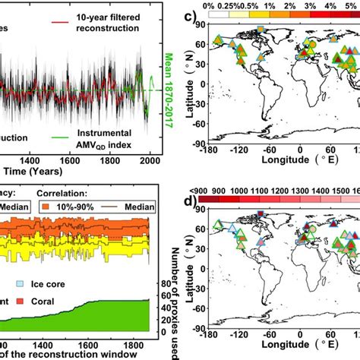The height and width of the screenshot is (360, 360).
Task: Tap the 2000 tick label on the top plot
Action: tap(149, 163)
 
